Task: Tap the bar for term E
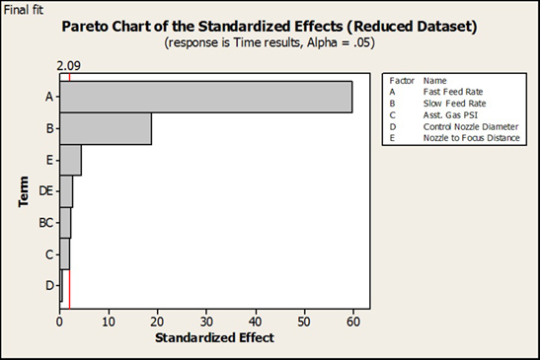(70, 161)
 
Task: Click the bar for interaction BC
(65, 223)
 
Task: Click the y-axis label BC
(46, 224)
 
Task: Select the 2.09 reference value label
(68, 66)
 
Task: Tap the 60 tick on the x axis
(352, 320)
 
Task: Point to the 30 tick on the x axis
(206, 320)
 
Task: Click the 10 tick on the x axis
(109, 320)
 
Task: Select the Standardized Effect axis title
(214, 337)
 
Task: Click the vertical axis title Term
(22, 191)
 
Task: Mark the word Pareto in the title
(113, 27)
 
